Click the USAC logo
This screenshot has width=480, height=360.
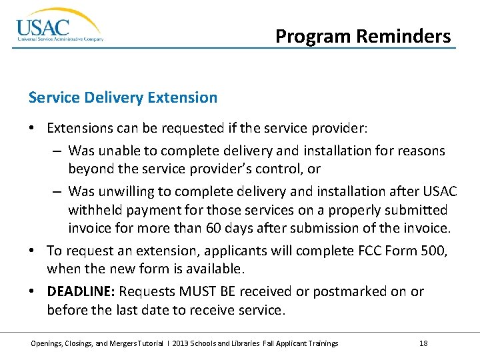(59, 27)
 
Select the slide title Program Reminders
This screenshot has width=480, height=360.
(363, 36)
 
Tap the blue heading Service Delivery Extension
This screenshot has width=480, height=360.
(123, 97)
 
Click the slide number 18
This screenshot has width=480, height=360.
(423, 343)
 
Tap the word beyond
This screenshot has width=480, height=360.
(91, 169)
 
